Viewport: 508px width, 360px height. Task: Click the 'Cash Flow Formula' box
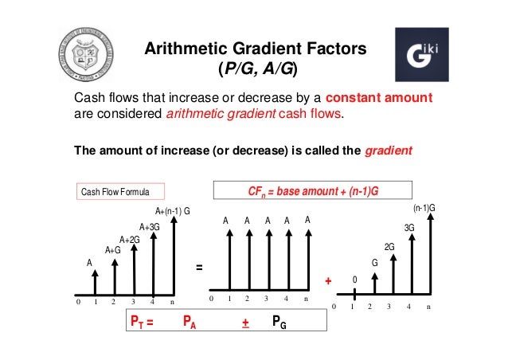click(120, 192)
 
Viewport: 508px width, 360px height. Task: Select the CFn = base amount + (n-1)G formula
click(314, 191)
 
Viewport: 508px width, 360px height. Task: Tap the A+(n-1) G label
click(172, 211)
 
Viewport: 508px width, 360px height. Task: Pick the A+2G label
click(130, 239)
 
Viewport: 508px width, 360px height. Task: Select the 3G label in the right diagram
click(409, 228)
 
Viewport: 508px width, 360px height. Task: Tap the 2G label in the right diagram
click(390, 247)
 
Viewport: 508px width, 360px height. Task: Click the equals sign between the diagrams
click(198, 268)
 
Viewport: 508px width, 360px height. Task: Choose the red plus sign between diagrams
click(328, 282)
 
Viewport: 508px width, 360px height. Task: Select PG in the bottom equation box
click(279, 323)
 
